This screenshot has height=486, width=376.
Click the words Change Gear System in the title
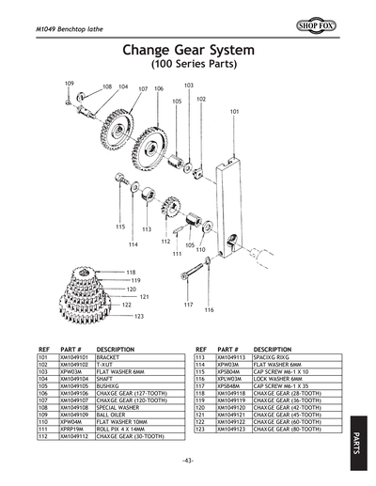[x=188, y=52]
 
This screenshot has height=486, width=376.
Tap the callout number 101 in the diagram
[x=234, y=111]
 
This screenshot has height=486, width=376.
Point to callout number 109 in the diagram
[x=69, y=84]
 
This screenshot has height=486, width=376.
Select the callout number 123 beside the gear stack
[x=139, y=316]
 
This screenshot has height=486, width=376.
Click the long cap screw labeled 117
[x=191, y=274]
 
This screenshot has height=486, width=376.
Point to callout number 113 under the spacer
[x=147, y=228]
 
